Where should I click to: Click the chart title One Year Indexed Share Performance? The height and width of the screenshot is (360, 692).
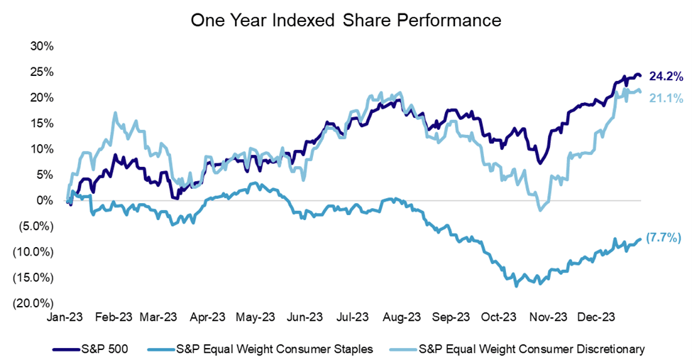click(x=346, y=21)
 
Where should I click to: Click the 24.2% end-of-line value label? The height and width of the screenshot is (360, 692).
click(x=665, y=75)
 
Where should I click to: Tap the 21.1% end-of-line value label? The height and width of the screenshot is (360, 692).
click(x=665, y=99)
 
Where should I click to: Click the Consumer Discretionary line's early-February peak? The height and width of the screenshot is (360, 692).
click(x=114, y=113)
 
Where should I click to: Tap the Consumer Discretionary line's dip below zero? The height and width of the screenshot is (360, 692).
click(x=541, y=209)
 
